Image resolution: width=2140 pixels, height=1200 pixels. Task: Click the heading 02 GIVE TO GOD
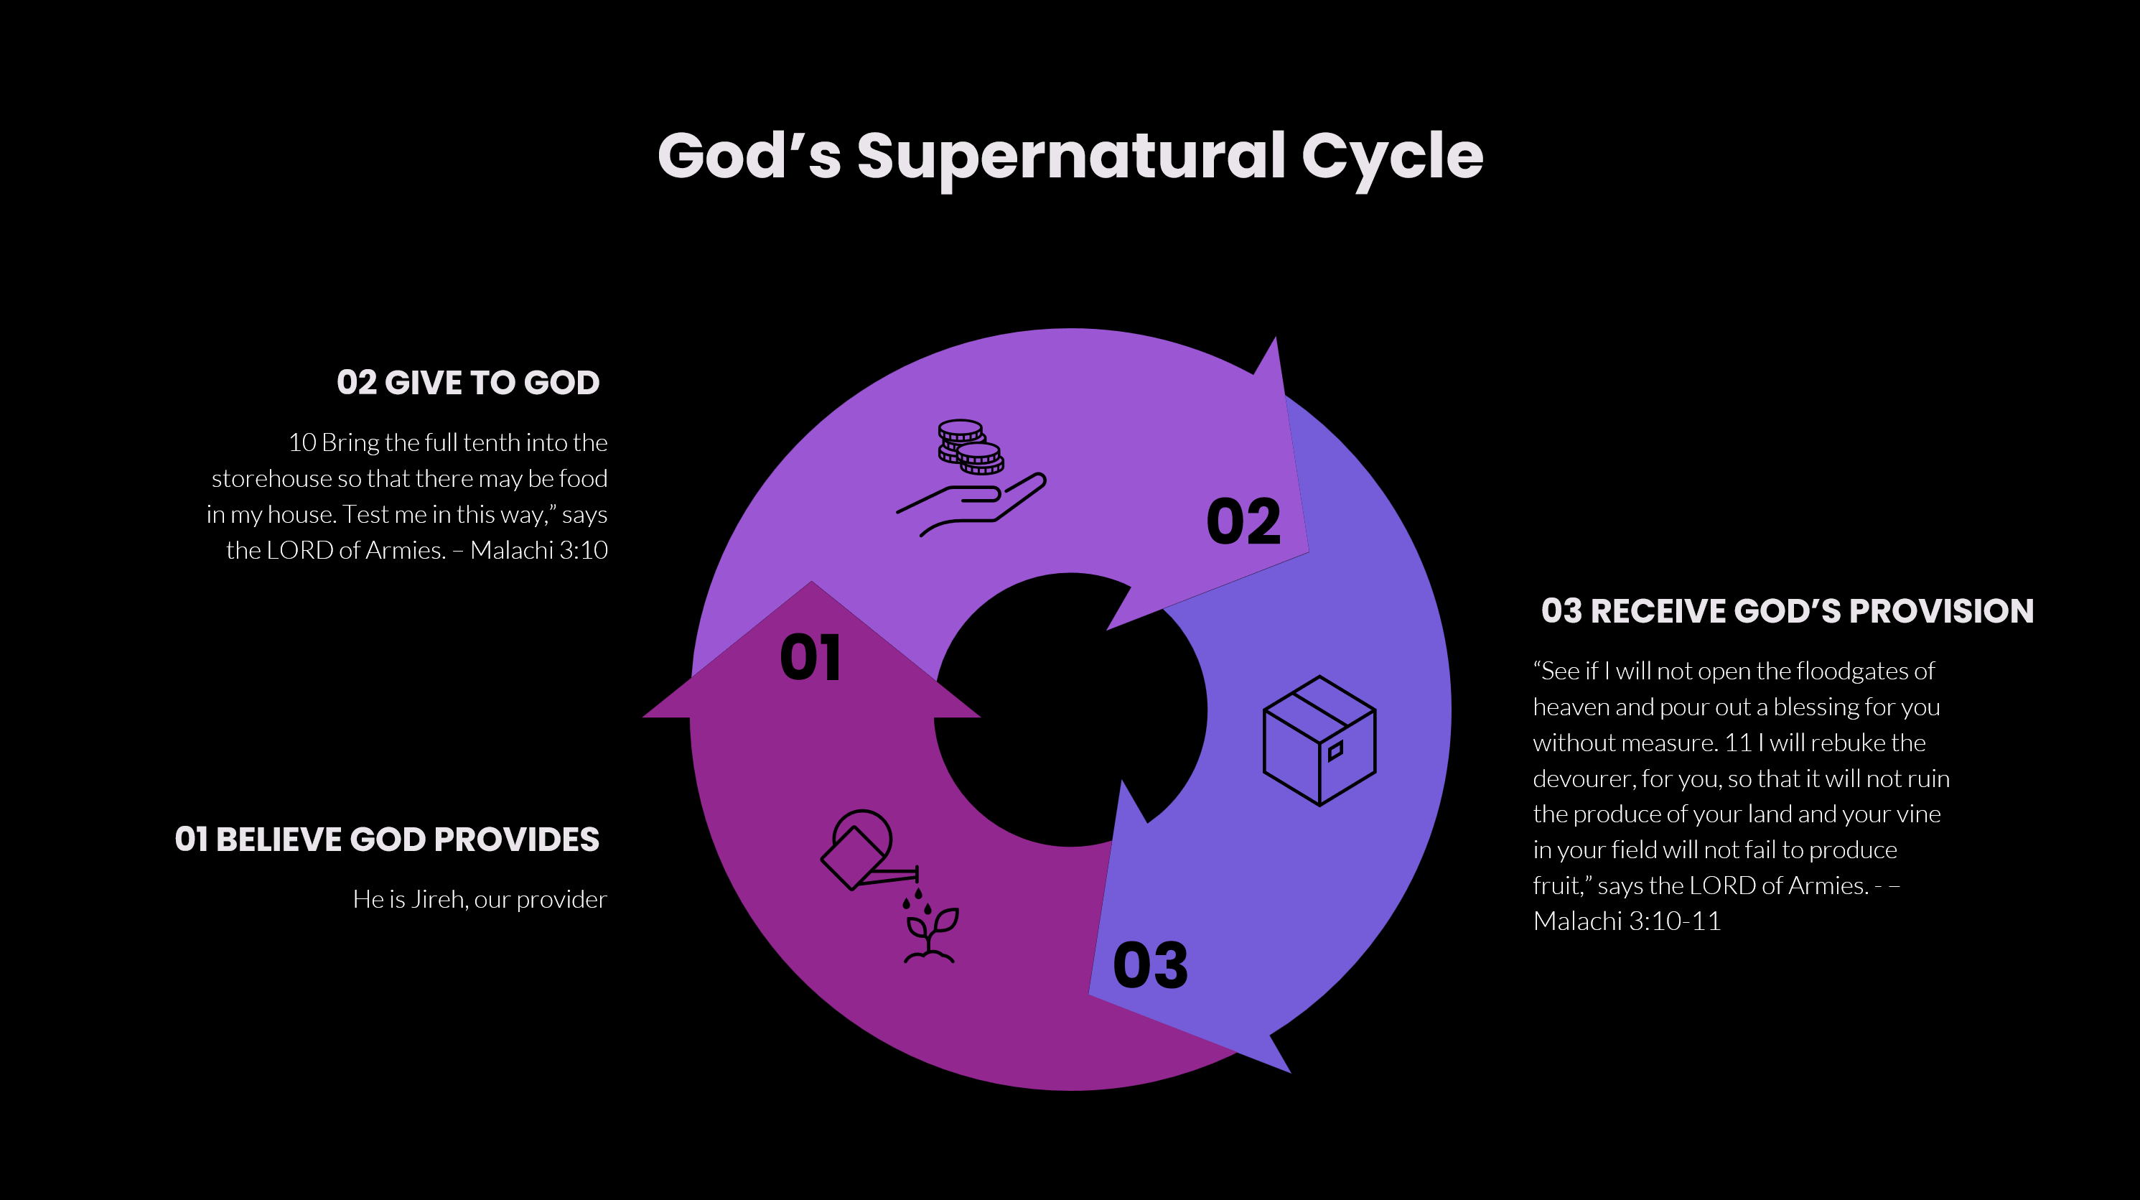click(468, 382)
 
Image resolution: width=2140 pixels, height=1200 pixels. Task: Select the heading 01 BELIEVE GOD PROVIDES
click(387, 839)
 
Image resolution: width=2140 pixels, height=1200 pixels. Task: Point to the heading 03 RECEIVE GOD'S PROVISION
click(1787, 611)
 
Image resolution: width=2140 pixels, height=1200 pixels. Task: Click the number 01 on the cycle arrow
click(810, 657)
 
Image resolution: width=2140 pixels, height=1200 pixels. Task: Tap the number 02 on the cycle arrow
click(1243, 522)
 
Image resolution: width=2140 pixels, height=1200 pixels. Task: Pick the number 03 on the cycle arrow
click(1151, 966)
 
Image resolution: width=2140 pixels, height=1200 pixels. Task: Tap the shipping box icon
click(1319, 740)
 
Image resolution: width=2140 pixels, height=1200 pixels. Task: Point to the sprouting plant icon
click(930, 935)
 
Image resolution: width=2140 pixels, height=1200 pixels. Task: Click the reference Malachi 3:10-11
click(1627, 921)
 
